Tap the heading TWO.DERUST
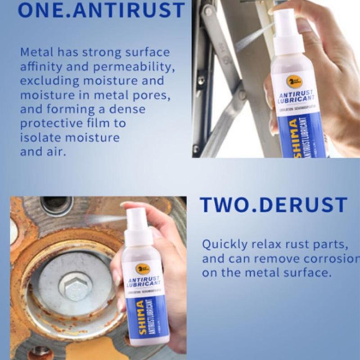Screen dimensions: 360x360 point(274,205)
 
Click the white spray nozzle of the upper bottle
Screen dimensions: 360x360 point(283,20)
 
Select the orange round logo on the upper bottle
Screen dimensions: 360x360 point(295,82)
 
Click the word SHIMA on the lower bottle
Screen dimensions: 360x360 point(140,315)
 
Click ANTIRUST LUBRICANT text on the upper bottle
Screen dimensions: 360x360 point(296,96)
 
